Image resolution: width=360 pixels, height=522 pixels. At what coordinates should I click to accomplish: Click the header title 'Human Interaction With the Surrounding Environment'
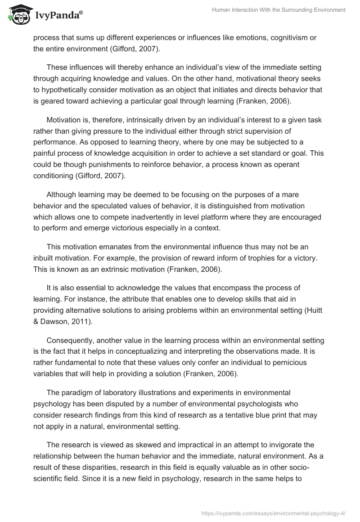pyautogui.click(x=279, y=10)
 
